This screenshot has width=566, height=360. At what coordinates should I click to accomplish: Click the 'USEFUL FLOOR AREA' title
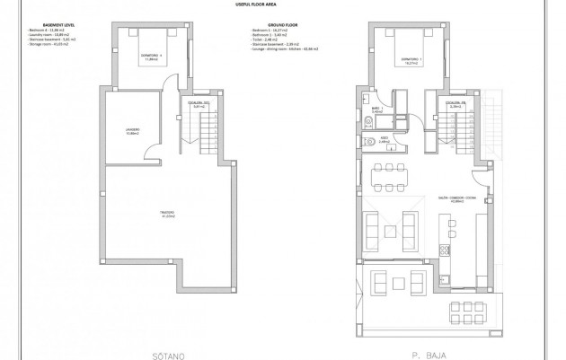(x=283, y=4)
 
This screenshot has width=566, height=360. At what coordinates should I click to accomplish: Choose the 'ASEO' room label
(x=384, y=140)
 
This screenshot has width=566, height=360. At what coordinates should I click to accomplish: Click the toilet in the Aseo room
(x=367, y=142)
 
